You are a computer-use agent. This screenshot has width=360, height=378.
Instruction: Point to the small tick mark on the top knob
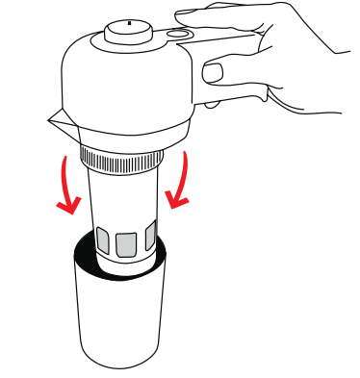(129, 20)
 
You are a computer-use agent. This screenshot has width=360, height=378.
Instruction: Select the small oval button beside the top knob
(175, 34)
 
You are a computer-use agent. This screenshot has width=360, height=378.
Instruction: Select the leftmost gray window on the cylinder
(103, 239)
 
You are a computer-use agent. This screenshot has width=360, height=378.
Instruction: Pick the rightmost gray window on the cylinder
(149, 239)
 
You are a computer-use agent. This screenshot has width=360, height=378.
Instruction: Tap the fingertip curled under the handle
(214, 73)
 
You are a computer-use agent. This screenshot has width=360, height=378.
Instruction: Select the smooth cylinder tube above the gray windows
(123, 197)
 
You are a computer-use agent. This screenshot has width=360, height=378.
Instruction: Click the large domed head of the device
(125, 82)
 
